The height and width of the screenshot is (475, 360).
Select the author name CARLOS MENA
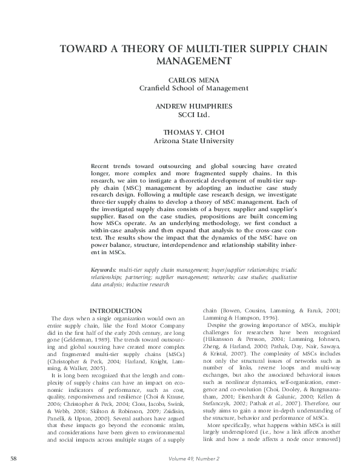[194, 79]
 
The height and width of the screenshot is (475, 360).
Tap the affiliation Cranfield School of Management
[194, 88]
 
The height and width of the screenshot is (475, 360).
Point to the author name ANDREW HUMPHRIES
[194, 106]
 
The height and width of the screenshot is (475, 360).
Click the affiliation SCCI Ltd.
[194, 115]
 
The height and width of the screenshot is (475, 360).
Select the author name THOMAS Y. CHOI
[194, 132]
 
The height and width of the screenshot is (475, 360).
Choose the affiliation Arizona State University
[194, 141]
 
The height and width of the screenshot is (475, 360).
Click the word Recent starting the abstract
[100, 166]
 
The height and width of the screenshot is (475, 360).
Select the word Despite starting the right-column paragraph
[217, 326]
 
